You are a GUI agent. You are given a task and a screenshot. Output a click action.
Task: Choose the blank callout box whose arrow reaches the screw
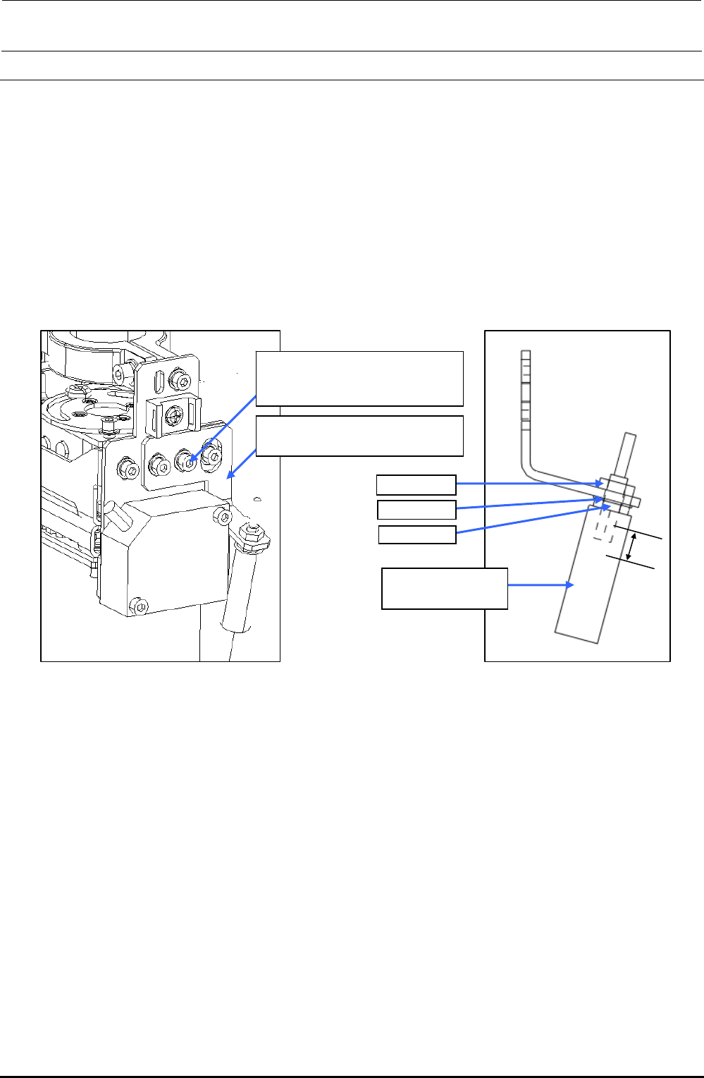[x=359, y=379]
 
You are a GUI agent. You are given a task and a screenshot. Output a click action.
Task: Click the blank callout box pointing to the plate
[x=359, y=436]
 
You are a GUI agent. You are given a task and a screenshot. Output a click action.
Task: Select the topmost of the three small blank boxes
[x=416, y=485]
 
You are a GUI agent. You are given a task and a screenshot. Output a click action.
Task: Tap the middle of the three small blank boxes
[x=416, y=510]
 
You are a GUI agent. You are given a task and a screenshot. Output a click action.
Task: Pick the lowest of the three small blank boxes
[x=417, y=534]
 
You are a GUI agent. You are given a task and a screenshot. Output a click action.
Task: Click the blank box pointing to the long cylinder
[x=445, y=588]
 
